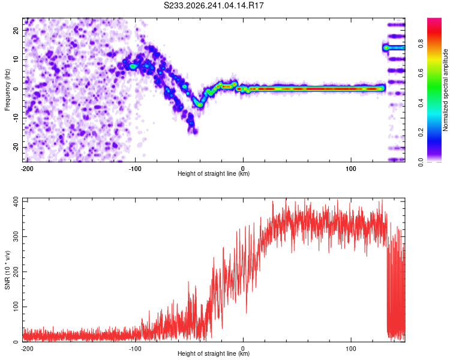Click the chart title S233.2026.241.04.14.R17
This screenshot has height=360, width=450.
(x=214, y=5)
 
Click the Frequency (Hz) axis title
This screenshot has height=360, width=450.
(x=7, y=90)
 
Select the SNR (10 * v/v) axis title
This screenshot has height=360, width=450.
(x=7, y=270)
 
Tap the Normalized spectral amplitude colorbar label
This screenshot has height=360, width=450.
(x=445, y=90)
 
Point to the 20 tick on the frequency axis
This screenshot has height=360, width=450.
(x=16, y=30)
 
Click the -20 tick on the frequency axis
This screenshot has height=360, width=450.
(x=16, y=148)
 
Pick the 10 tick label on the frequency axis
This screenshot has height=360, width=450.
(x=16, y=59)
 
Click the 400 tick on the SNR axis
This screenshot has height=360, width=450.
(x=16, y=202)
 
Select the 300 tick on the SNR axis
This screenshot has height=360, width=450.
(x=16, y=236)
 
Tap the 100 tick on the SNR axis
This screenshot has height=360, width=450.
(x=16, y=307)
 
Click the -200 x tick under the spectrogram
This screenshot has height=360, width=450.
(x=27, y=169)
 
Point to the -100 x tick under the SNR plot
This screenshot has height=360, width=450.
(x=135, y=349)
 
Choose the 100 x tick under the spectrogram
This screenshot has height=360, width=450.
(x=351, y=169)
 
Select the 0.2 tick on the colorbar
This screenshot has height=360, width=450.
(x=421, y=133)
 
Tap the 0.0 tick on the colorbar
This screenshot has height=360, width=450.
(x=421, y=162)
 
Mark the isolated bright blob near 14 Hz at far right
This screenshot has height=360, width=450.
(x=386, y=47)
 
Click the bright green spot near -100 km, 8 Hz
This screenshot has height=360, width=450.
(x=133, y=67)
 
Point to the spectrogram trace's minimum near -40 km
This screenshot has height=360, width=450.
(x=200, y=105)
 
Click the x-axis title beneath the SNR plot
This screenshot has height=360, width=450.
(x=214, y=353)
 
